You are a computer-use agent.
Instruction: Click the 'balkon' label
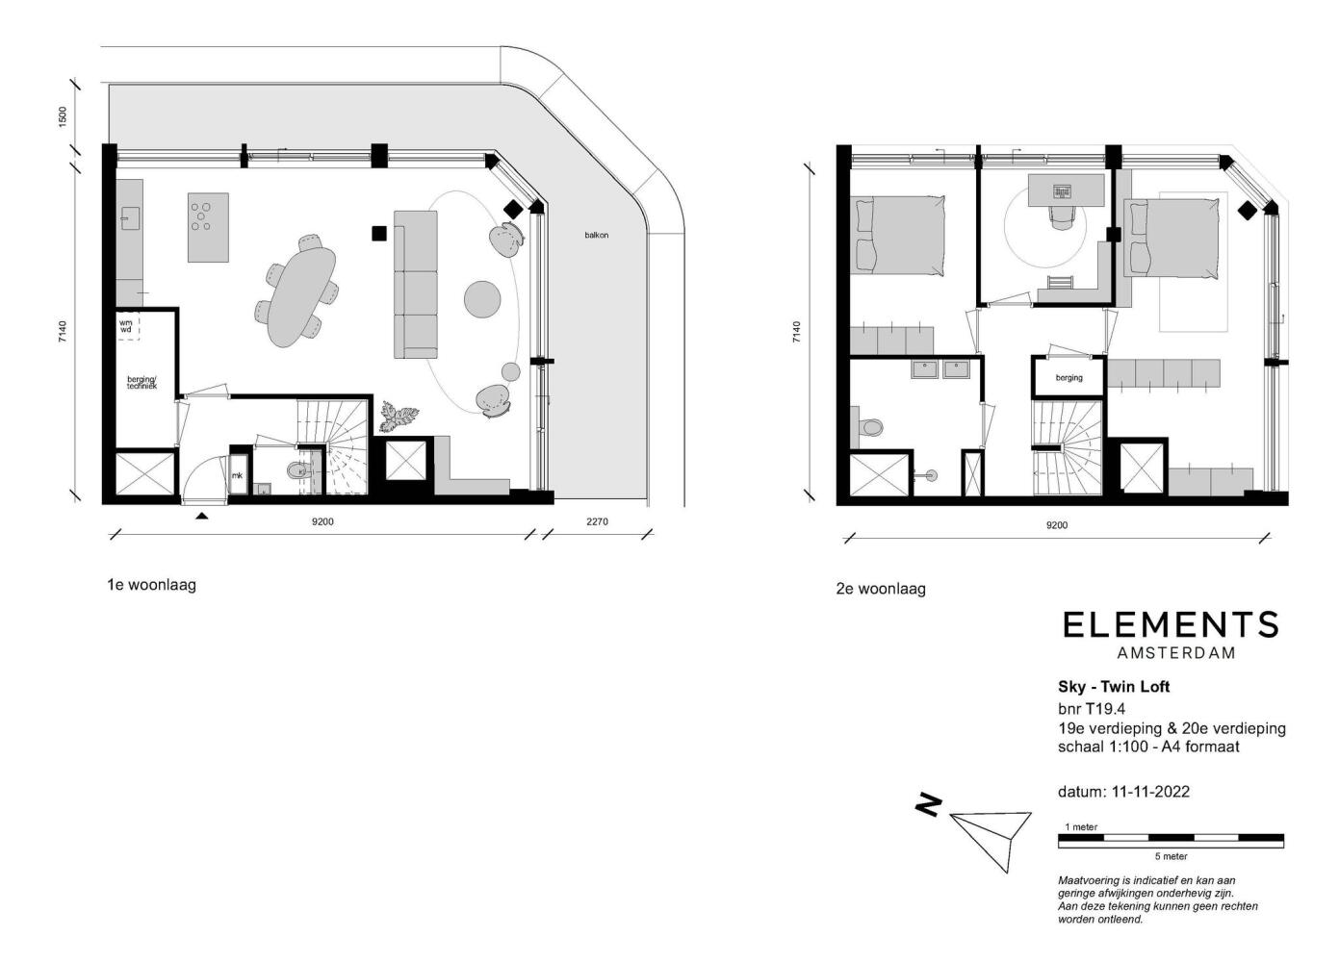tap(596, 236)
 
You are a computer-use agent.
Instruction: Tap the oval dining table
tap(300, 296)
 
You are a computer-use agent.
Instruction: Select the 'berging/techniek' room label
tap(142, 383)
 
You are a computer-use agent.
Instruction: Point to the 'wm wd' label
tap(125, 326)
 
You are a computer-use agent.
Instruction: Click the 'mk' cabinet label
tap(238, 475)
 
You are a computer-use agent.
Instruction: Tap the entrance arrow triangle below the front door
tap(202, 517)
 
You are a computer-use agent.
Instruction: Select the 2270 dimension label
tap(597, 521)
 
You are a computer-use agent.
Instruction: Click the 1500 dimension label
tap(63, 115)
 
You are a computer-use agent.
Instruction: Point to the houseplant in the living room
tap(398, 416)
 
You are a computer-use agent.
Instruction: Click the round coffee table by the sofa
tap(482, 299)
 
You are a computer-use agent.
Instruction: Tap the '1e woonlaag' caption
tap(152, 584)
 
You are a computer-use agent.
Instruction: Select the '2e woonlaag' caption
tap(881, 589)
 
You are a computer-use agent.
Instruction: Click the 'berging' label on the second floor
tap(1069, 378)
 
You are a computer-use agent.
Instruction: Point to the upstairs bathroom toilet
tap(870, 426)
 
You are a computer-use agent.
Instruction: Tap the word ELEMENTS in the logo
tap(1171, 625)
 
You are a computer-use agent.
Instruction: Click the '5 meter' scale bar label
tap(1172, 856)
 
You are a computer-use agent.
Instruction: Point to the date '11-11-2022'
tap(1150, 792)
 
